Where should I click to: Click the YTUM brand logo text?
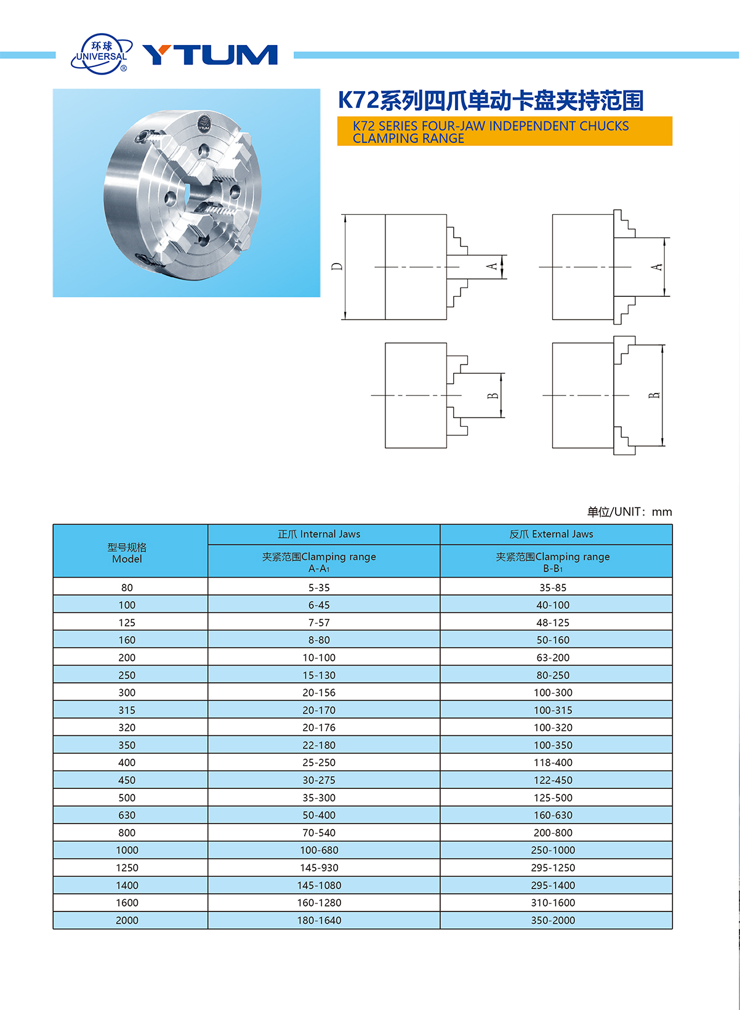pos(210,55)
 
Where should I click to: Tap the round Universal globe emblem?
pos(102,54)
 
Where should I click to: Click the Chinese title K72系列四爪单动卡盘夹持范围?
pos(491,100)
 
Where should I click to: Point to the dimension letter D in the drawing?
pos(337,267)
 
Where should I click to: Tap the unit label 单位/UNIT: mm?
pos(629,512)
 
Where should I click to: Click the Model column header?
pos(127,553)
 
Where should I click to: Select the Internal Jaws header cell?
pos(319,534)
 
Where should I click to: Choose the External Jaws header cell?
pos(552,534)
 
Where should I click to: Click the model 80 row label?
pos(127,588)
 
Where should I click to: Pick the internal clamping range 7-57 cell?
pos(319,623)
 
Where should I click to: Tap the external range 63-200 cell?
pos(553,658)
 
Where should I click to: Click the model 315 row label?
pos(127,710)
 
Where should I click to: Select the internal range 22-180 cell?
pos(319,745)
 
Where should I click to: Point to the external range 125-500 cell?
pos(553,798)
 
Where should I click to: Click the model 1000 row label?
pos(127,850)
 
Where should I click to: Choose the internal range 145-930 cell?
pos(319,868)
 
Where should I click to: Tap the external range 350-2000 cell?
pos(553,920)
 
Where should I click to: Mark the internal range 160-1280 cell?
pos(319,903)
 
